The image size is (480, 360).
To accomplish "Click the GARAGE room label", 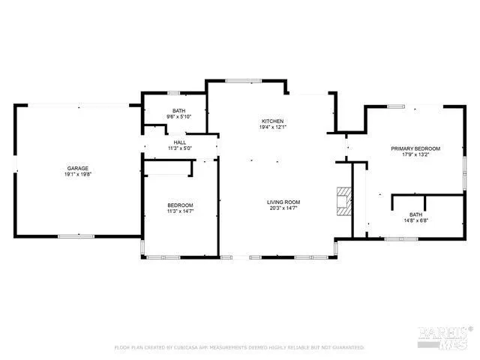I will click(78, 168).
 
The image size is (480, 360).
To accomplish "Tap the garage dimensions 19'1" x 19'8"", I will click(78, 174).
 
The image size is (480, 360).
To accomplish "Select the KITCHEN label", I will click(272, 121).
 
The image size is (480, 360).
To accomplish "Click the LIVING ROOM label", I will click(283, 202).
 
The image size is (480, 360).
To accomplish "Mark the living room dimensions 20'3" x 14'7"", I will click(283, 208).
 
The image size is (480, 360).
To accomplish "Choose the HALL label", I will click(180, 142).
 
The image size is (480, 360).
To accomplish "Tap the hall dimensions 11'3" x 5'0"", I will click(180, 148).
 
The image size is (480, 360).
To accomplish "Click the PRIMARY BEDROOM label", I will click(415, 148).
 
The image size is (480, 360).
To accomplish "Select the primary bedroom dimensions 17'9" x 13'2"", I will click(415, 154).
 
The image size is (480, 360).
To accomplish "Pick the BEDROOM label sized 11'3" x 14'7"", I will click(180, 205).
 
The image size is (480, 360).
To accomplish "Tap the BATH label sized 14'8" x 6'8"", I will click(415, 215).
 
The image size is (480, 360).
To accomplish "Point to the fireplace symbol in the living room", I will click(343, 201).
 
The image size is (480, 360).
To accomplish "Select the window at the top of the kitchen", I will click(238, 80).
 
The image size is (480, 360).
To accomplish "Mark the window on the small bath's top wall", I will click(173, 93).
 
